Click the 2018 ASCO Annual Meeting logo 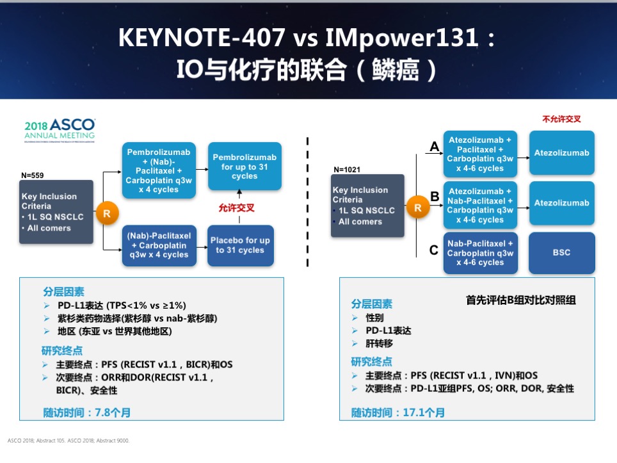pos(60,128)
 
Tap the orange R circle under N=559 pos(107,212)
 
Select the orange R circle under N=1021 pos(418,207)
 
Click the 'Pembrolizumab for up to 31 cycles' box pos(244,167)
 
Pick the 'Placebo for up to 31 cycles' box pos(240,245)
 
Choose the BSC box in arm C pos(561,253)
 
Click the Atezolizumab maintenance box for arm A pos(561,153)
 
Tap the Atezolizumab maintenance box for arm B pos(561,203)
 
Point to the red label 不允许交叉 pos(561,119)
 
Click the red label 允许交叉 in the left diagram pos(236,207)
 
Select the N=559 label pos(33,175)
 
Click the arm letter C pos(434,250)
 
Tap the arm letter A pos(435,147)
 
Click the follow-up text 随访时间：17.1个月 pos(397,412)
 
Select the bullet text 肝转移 pos(380,343)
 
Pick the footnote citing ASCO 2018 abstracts pos(68,441)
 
